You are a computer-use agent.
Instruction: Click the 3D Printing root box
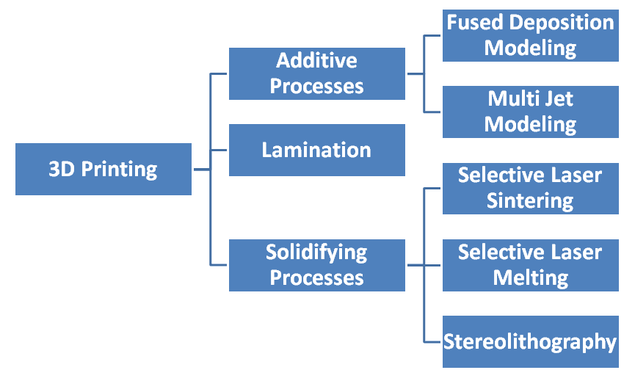104,170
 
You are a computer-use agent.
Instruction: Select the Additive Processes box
316,73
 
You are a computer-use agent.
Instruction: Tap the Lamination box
316,150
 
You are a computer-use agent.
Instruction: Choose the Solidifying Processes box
316,265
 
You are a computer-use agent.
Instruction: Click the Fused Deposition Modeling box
530,35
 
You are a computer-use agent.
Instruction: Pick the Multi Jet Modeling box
530,112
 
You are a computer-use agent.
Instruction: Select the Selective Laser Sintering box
530,188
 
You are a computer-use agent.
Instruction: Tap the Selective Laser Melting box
530,265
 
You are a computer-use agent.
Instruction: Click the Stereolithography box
530,341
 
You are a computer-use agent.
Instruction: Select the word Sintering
530,201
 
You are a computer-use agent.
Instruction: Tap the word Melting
530,278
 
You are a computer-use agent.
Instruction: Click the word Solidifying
316,253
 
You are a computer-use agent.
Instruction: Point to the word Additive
316,60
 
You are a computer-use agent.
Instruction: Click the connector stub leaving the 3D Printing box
201,170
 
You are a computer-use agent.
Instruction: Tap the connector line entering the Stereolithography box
433,341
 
